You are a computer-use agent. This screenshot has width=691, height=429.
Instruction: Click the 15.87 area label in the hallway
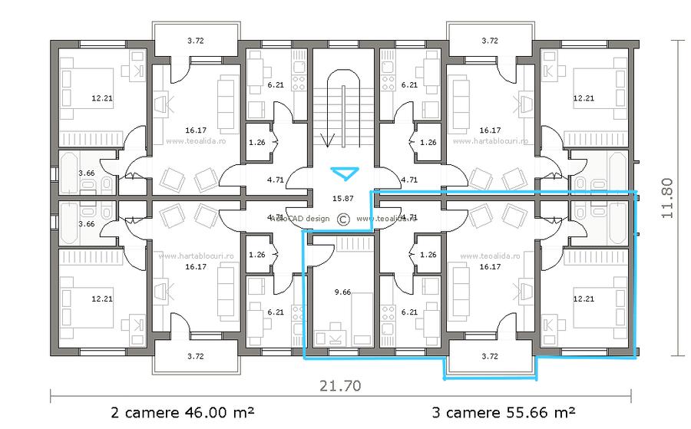[x=342, y=198]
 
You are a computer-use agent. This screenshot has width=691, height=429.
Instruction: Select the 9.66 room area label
[x=342, y=292]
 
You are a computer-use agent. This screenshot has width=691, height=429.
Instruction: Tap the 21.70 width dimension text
[x=341, y=385]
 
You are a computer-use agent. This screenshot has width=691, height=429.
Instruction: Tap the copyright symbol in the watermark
[x=342, y=219]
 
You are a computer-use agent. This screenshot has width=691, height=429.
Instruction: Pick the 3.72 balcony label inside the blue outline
[x=490, y=356]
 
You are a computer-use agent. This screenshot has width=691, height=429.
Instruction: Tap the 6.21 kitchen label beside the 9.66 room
[x=409, y=312]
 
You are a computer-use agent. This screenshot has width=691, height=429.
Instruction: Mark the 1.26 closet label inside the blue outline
[x=428, y=255]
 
